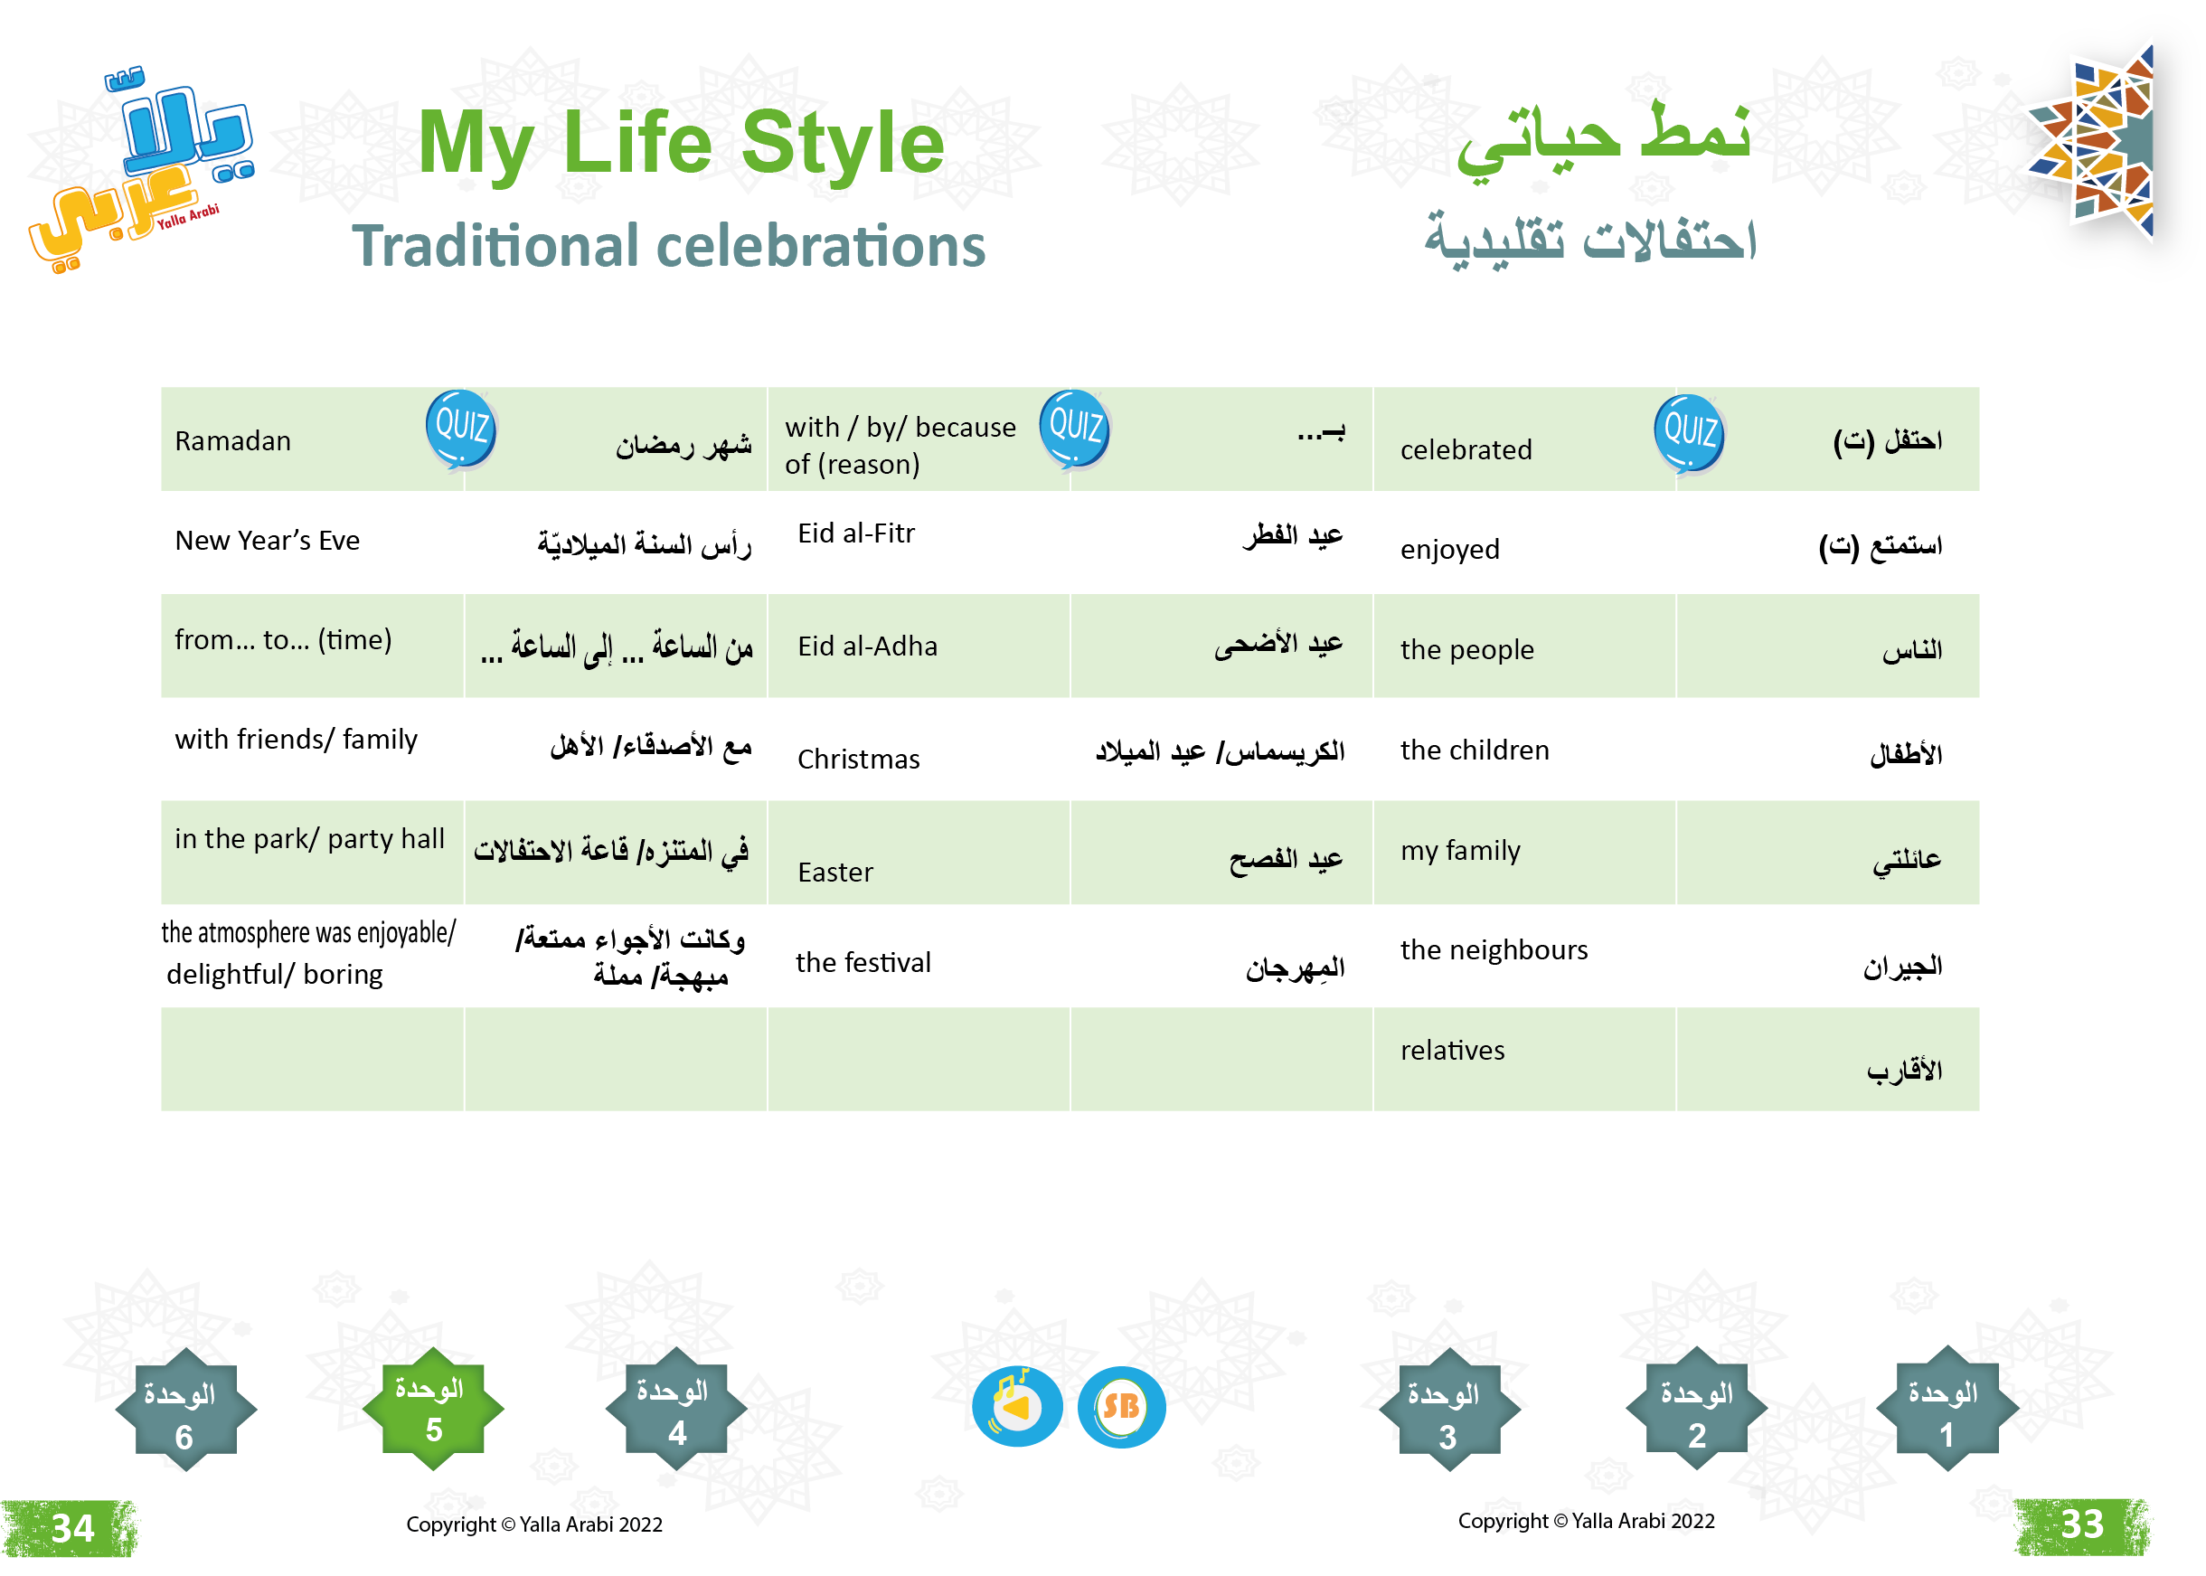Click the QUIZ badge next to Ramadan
pyautogui.click(x=461, y=429)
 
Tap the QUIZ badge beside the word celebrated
pyautogui.click(x=1689, y=434)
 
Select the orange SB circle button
pyautogui.click(x=1120, y=1406)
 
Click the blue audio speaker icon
pyautogui.click(x=1017, y=1406)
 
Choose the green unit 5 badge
pyautogui.click(x=433, y=1409)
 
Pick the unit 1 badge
pyautogui.click(x=1946, y=1409)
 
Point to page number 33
pyautogui.click(x=2082, y=1525)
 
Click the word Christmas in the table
pyautogui.click(x=859, y=759)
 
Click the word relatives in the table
pyautogui.click(x=1452, y=1050)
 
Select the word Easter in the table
pyautogui.click(x=835, y=873)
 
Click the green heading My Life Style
pyautogui.click(x=681, y=144)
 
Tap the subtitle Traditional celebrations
pyautogui.click(x=668, y=246)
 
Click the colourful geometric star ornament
pyautogui.click(x=2096, y=142)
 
